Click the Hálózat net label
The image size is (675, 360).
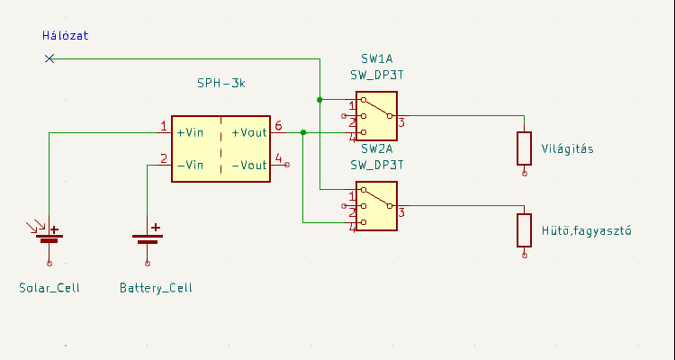pos(66,35)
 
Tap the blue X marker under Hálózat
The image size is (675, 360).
pos(49,58)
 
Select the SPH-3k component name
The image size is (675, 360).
pos(221,83)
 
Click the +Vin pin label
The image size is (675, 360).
pos(190,132)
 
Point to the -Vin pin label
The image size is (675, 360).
pos(190,165)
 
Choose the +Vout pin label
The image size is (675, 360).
pos(249,132)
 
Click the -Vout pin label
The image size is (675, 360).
pos(249,165)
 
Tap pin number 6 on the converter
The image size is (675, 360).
pos(278,126)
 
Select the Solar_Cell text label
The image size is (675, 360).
pos(49,288)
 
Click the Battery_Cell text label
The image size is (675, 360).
pos(156,288)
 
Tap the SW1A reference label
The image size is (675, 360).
pos(377,58)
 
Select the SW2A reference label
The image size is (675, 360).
pos(377,149)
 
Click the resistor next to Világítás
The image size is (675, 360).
pos(525,148)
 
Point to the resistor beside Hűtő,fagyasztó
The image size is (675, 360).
pos(525,230)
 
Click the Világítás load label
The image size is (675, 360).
pos(567,149)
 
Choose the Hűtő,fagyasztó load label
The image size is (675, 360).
pos(586,230)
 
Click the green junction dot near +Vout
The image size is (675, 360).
pos(303,132)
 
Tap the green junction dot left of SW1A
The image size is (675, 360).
pos(319,100)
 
